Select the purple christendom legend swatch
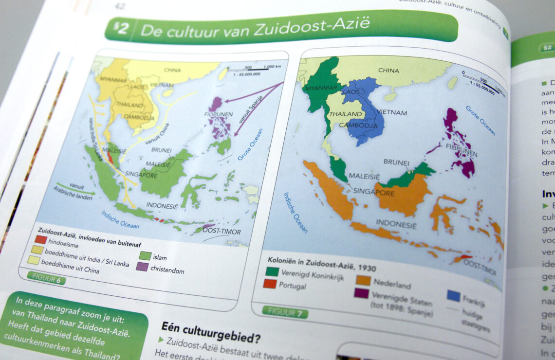pyautogui.click(x=142, y=267)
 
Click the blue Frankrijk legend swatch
pyautogui.click(x=453, y=296)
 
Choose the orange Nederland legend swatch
pyautogui.click(x=364, y=280)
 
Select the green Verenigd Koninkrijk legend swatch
pyautogui.click(x=272, y=271)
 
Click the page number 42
pyautogui.click(x=120, y=5)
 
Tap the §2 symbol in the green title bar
pyautogui.click(x=121, y=29)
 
